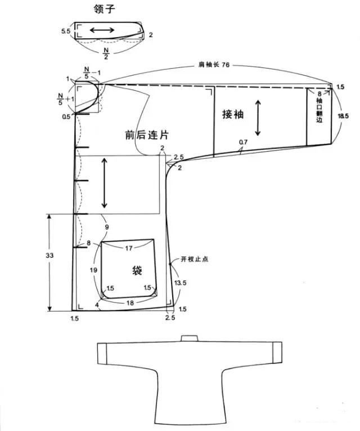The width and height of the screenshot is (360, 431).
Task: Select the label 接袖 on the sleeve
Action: [232, 114]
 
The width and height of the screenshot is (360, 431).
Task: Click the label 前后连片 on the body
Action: [147, 135]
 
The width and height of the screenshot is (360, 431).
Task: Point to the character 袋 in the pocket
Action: [136, 270]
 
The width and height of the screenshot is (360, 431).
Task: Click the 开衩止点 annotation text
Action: [194, 260]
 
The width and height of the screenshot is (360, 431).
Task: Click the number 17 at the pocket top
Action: [128, 248]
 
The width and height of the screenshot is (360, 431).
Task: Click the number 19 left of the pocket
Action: [94, 270]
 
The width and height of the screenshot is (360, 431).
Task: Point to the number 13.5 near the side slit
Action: [180, 282]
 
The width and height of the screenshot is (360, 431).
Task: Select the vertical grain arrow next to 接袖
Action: [258, 118]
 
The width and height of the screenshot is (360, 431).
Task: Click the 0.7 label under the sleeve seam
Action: [242, 142]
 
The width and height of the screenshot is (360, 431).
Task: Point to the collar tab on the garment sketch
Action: [189, 338]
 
